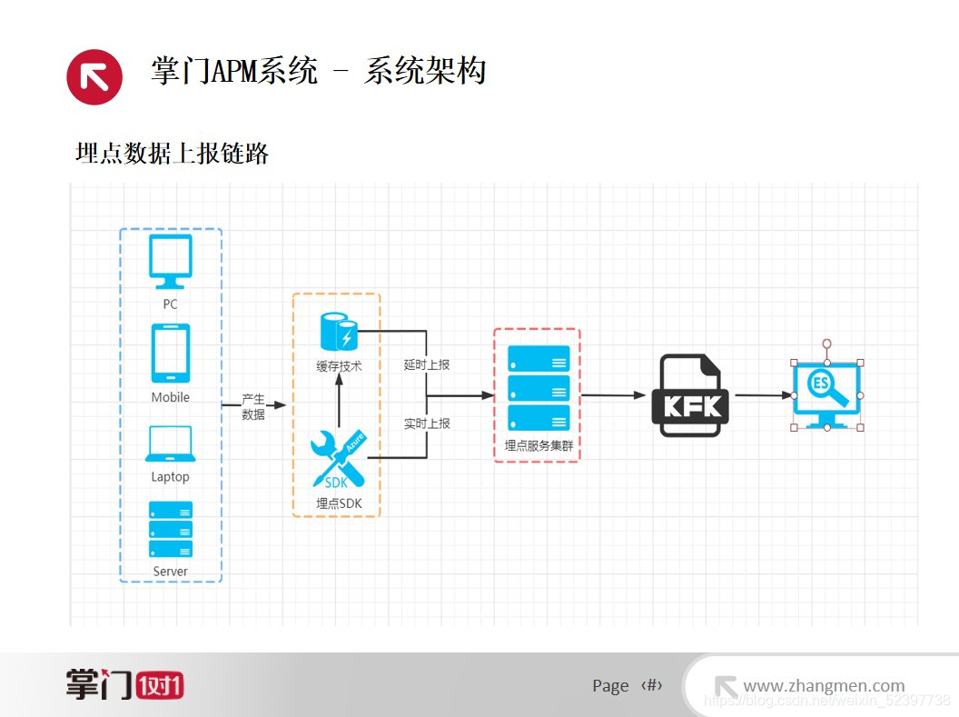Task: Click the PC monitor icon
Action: [x=171, y=261]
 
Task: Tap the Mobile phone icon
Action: [x=171, y=354]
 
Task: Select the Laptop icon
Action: [x=170, y=444]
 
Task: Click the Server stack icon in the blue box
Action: [x=171, y=529]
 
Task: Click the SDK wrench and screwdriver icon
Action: [x=338, y=458]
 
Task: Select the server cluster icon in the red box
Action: [x=539, y=388]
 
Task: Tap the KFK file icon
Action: [x=690, y=395]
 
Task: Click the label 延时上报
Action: [x=427, y=365]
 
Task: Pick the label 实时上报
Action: [x=427, y=423]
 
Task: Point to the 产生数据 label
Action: [x=253, y=407]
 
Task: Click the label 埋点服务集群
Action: [x=539, y=446]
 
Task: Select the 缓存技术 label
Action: [x=339, y=366]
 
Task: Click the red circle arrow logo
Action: [x=94, y=76]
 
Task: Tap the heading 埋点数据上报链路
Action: [x=173, y=154]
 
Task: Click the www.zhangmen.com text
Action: [x=824, y=686]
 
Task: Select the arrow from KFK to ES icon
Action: [x=763, y=395]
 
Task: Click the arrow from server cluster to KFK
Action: [x=613, y=395]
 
